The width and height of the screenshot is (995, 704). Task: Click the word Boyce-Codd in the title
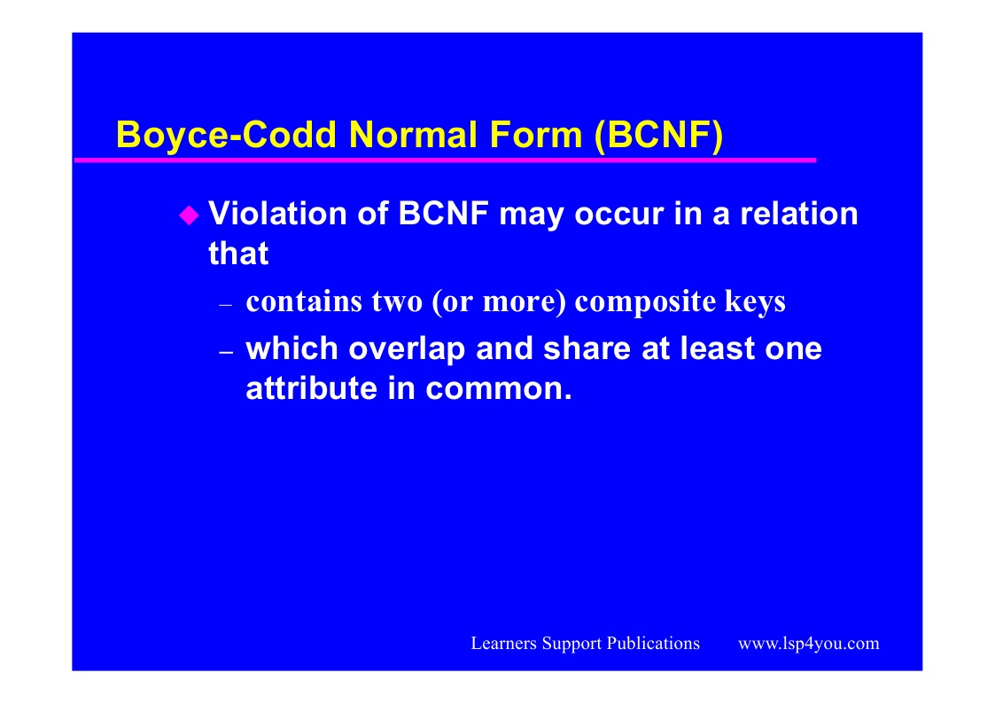[x=226, y=135]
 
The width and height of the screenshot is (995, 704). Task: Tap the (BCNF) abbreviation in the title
[x=659, y=135]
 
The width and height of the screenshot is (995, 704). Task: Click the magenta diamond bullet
[x=189, y=215]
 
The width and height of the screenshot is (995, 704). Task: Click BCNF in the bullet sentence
[x=444, y=214]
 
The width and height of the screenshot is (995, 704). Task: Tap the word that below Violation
[x=238, y=254]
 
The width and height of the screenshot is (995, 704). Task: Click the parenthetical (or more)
[x=499, y=301]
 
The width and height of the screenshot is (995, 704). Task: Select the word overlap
[x=407, y=348]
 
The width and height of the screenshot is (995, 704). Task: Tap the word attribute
[x=312, y=387]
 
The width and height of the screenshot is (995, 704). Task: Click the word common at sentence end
[x=499, y=388]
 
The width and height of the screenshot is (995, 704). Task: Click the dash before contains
[x=226, y=305]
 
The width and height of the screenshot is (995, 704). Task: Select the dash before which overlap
[x=226, y=352]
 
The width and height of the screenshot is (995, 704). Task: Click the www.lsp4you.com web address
[x=808, y=644]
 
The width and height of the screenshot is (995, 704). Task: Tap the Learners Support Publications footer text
[x=585, y=644]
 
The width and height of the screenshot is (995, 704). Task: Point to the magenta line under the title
[x=445, y=160]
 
